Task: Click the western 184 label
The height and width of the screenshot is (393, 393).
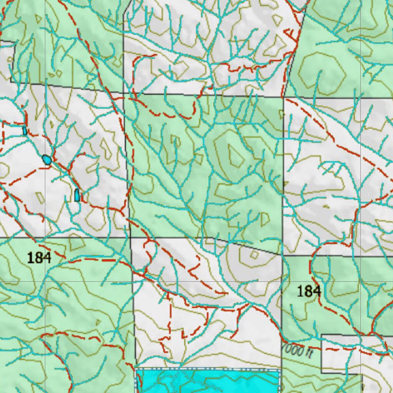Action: (x=40, y=258)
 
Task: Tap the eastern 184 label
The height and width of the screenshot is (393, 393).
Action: (x=309, y=291)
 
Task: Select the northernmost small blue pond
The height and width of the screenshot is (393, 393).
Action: (x=25, y=131)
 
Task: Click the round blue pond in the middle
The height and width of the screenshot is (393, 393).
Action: (x=47, y=159)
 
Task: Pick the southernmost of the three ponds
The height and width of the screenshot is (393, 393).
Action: (x=77, y=195)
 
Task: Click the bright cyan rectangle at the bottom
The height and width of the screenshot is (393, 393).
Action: (x=207, y=381)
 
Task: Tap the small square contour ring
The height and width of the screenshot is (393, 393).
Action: (x=254, y=254)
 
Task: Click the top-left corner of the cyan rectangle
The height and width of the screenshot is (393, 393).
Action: (x=137, y=369)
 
